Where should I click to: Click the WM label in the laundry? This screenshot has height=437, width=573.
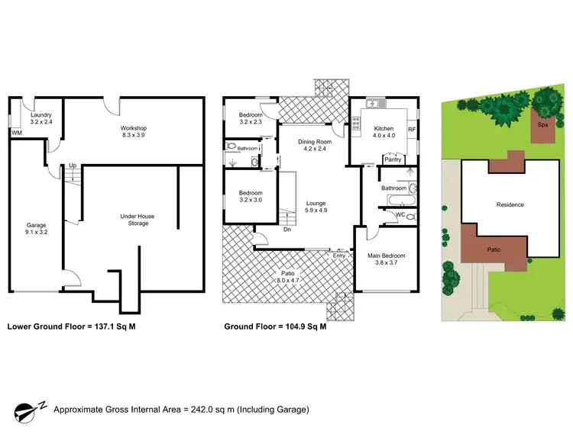click(15, 133)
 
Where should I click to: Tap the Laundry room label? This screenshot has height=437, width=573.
click(41, 118)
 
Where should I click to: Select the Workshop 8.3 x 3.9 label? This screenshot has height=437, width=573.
click(133, 132)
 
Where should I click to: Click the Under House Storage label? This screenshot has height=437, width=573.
click(138, 220)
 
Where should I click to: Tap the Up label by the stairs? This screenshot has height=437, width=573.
click(73, 165)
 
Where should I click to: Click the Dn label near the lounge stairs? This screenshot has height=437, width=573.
click(286, 230)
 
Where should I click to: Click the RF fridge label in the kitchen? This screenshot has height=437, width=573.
click(411, 130)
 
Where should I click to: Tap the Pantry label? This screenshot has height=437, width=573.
click(393, 159)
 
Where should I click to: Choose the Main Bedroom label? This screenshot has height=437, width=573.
click(386, 259)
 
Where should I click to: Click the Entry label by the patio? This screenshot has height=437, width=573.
click(338, 255)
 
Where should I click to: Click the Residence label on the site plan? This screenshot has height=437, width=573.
click(510, 204)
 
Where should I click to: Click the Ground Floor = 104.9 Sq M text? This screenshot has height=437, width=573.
click(275, 326)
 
